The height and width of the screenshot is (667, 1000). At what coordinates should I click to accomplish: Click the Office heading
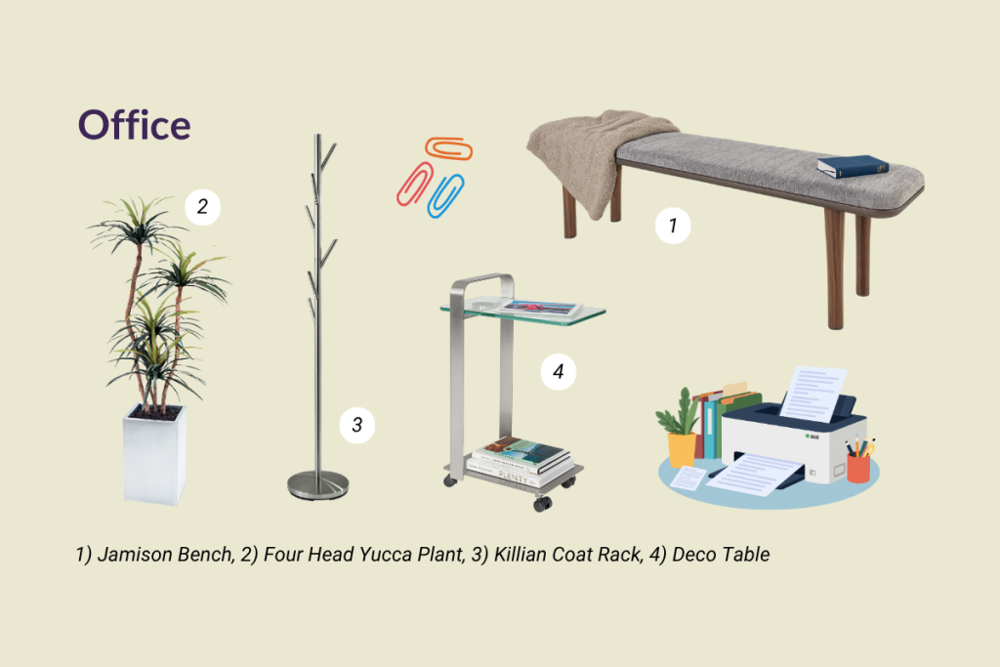(x=134, y=125)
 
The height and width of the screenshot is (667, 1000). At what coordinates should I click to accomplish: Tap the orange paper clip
(x=449, y=148)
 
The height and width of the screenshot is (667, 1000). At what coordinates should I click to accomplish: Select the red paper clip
(x=414, y=185)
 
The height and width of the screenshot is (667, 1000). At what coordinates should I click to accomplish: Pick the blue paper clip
(x=445, y=195)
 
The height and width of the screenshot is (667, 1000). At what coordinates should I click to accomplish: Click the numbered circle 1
(x=673, y=225)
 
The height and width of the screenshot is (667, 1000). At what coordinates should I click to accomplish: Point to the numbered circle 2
(x=203, y=207)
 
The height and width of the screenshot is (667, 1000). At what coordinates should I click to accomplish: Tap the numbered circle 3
(x=357, y=425)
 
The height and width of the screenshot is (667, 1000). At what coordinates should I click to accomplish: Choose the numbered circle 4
(x=559, y=371)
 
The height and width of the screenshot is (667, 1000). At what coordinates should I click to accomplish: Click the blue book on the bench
(x=853, y=166)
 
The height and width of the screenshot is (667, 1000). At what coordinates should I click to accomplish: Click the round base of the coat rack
(x=317, y=485)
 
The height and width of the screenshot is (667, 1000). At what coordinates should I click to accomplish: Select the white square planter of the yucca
(x=155, y=454)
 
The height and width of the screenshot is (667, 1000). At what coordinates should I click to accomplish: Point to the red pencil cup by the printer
(x=858, y=469)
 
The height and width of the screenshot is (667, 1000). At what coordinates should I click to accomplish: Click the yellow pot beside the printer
(x=682, y=449)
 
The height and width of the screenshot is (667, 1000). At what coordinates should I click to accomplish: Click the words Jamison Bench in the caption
(x=165, y=554)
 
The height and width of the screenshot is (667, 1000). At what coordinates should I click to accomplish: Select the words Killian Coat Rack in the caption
(x=567, y=554)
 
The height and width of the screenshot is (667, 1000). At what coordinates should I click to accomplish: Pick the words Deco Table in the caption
(x=721, y=554)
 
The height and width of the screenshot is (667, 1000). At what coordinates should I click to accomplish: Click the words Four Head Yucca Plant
(x=363, y=554)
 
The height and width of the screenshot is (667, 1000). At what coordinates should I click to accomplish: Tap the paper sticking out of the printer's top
(x=813, y=393)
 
